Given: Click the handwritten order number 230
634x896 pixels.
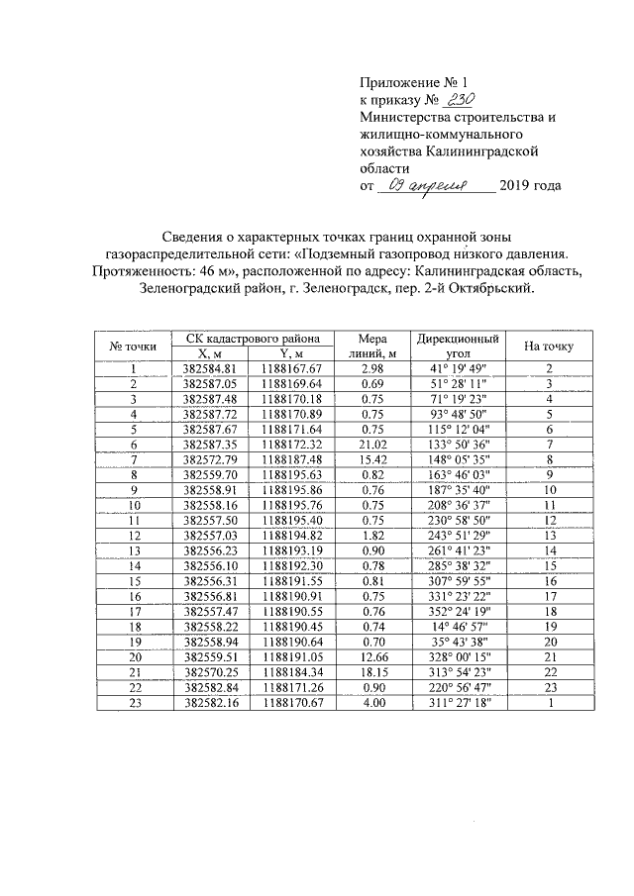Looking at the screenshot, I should pyautogui.click(x=462, y=99).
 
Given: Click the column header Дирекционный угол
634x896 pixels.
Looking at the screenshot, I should pyautogui.click(x=458, y=345).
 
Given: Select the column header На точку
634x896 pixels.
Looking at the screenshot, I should pyautogui.click(x=548, y=345).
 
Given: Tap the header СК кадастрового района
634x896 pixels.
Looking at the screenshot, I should pyautogui.click(x=253, y=338).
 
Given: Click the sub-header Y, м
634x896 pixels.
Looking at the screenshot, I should pyautogui.click(x=292, y=352).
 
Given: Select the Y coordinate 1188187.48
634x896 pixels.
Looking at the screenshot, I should pyautogui.click(x=292, y=460).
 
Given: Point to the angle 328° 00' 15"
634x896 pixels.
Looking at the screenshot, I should pyautogui.click(x=458, y=656).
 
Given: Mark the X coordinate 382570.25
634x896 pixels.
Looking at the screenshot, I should pyautogui.click(x=211, y=672).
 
